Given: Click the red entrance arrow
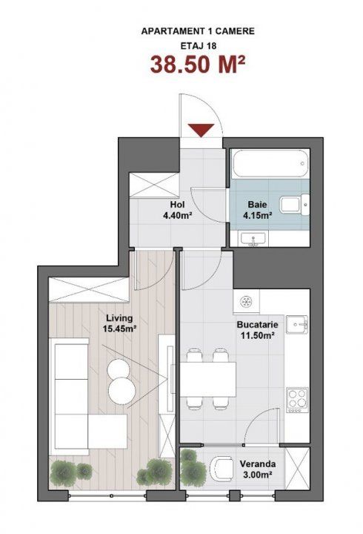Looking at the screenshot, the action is click(202, 130).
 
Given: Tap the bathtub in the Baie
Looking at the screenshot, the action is click(270, 163).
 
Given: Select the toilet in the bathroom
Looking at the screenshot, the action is click(295, 205).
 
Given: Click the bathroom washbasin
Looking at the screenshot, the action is click(254, 238).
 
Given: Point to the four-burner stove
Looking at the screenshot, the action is click(297, 400).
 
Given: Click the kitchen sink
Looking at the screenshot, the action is click(297, 325).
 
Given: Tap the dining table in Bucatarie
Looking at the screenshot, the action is click(208, 379).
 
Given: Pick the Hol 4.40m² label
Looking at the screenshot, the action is click(178, 210).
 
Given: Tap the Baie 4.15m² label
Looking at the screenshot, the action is click(257, 210).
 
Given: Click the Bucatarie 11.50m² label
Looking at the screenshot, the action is click(258, 329).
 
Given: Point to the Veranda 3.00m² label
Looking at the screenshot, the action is click(258, 469).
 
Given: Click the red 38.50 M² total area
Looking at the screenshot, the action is click(198, 65).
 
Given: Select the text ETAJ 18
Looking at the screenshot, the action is click(198, 46).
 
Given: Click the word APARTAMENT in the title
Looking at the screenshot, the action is click(173, 31).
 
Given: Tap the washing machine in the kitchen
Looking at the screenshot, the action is click(246, 302).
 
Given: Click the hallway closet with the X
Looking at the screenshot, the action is click(154, 185).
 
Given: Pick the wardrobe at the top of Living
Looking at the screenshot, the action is click(89, 290).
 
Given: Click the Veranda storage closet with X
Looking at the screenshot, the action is click(297, 468).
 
